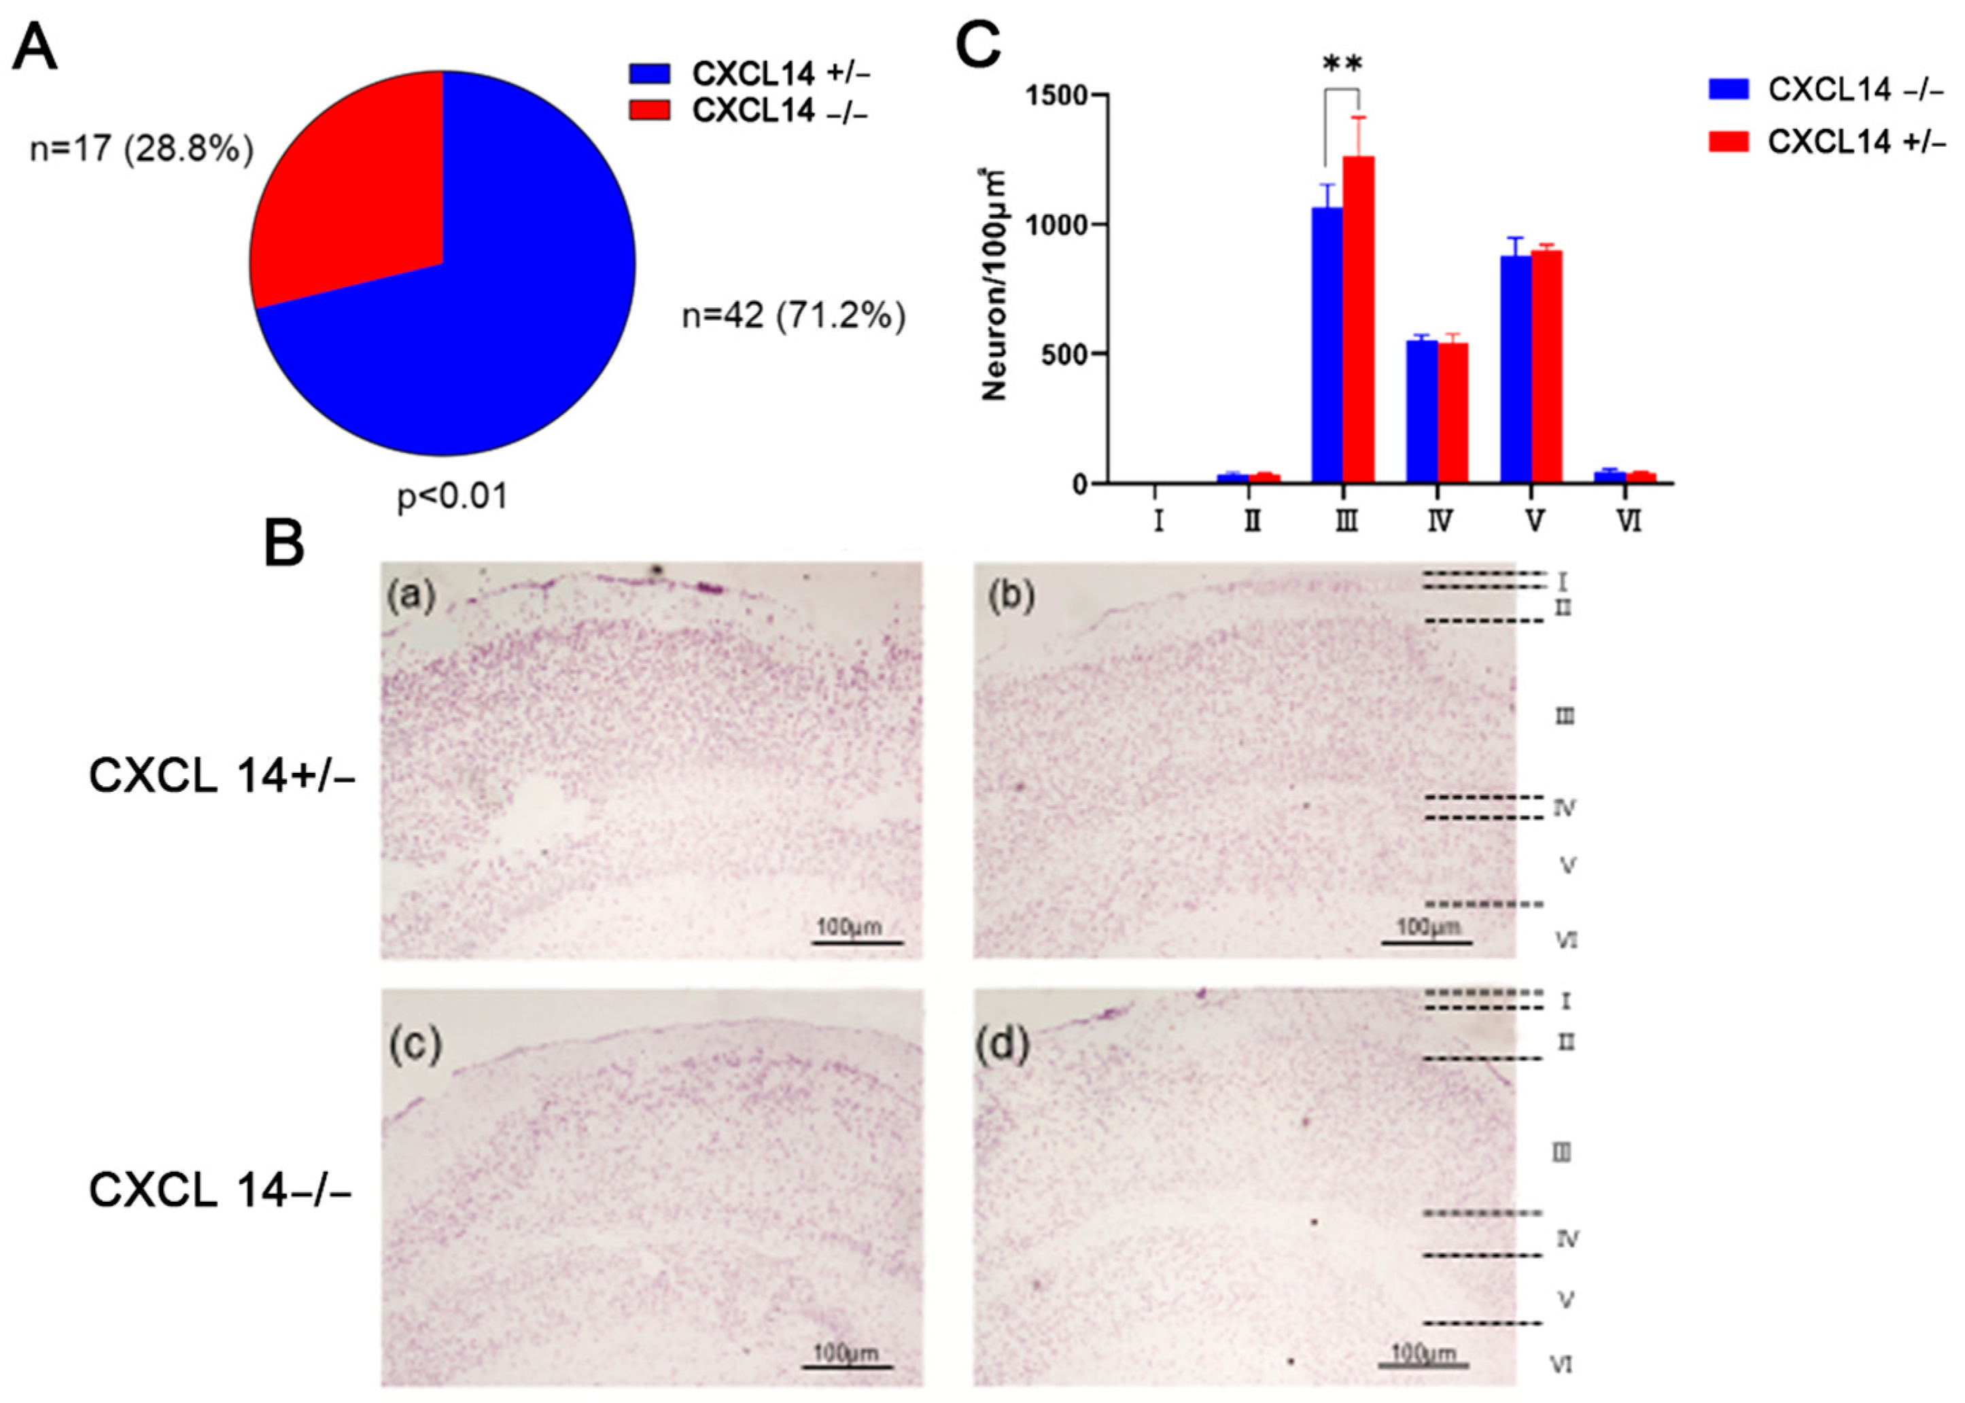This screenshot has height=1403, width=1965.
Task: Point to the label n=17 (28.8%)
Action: tap(141, 149)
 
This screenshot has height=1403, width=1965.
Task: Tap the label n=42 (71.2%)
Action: tap(794, 316)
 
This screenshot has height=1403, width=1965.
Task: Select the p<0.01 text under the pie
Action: tap(453, 496)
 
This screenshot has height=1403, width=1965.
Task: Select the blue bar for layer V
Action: tap(1516, 372)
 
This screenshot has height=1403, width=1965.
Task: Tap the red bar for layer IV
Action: tap(1453, 415)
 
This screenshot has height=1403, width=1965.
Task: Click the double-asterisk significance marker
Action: tap(1342, 65)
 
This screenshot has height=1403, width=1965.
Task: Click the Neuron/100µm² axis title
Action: tap(996, 285)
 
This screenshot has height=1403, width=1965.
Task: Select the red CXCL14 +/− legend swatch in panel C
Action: tap(1728, 141)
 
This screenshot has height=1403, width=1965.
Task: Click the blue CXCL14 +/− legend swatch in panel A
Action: tap(650, 73)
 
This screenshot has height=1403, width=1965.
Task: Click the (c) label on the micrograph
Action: tap(415, 1046)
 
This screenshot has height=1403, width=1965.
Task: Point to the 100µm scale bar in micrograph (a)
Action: tap(858, 941)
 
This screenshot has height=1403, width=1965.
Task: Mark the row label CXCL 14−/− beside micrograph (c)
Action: tap(220, 1190)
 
